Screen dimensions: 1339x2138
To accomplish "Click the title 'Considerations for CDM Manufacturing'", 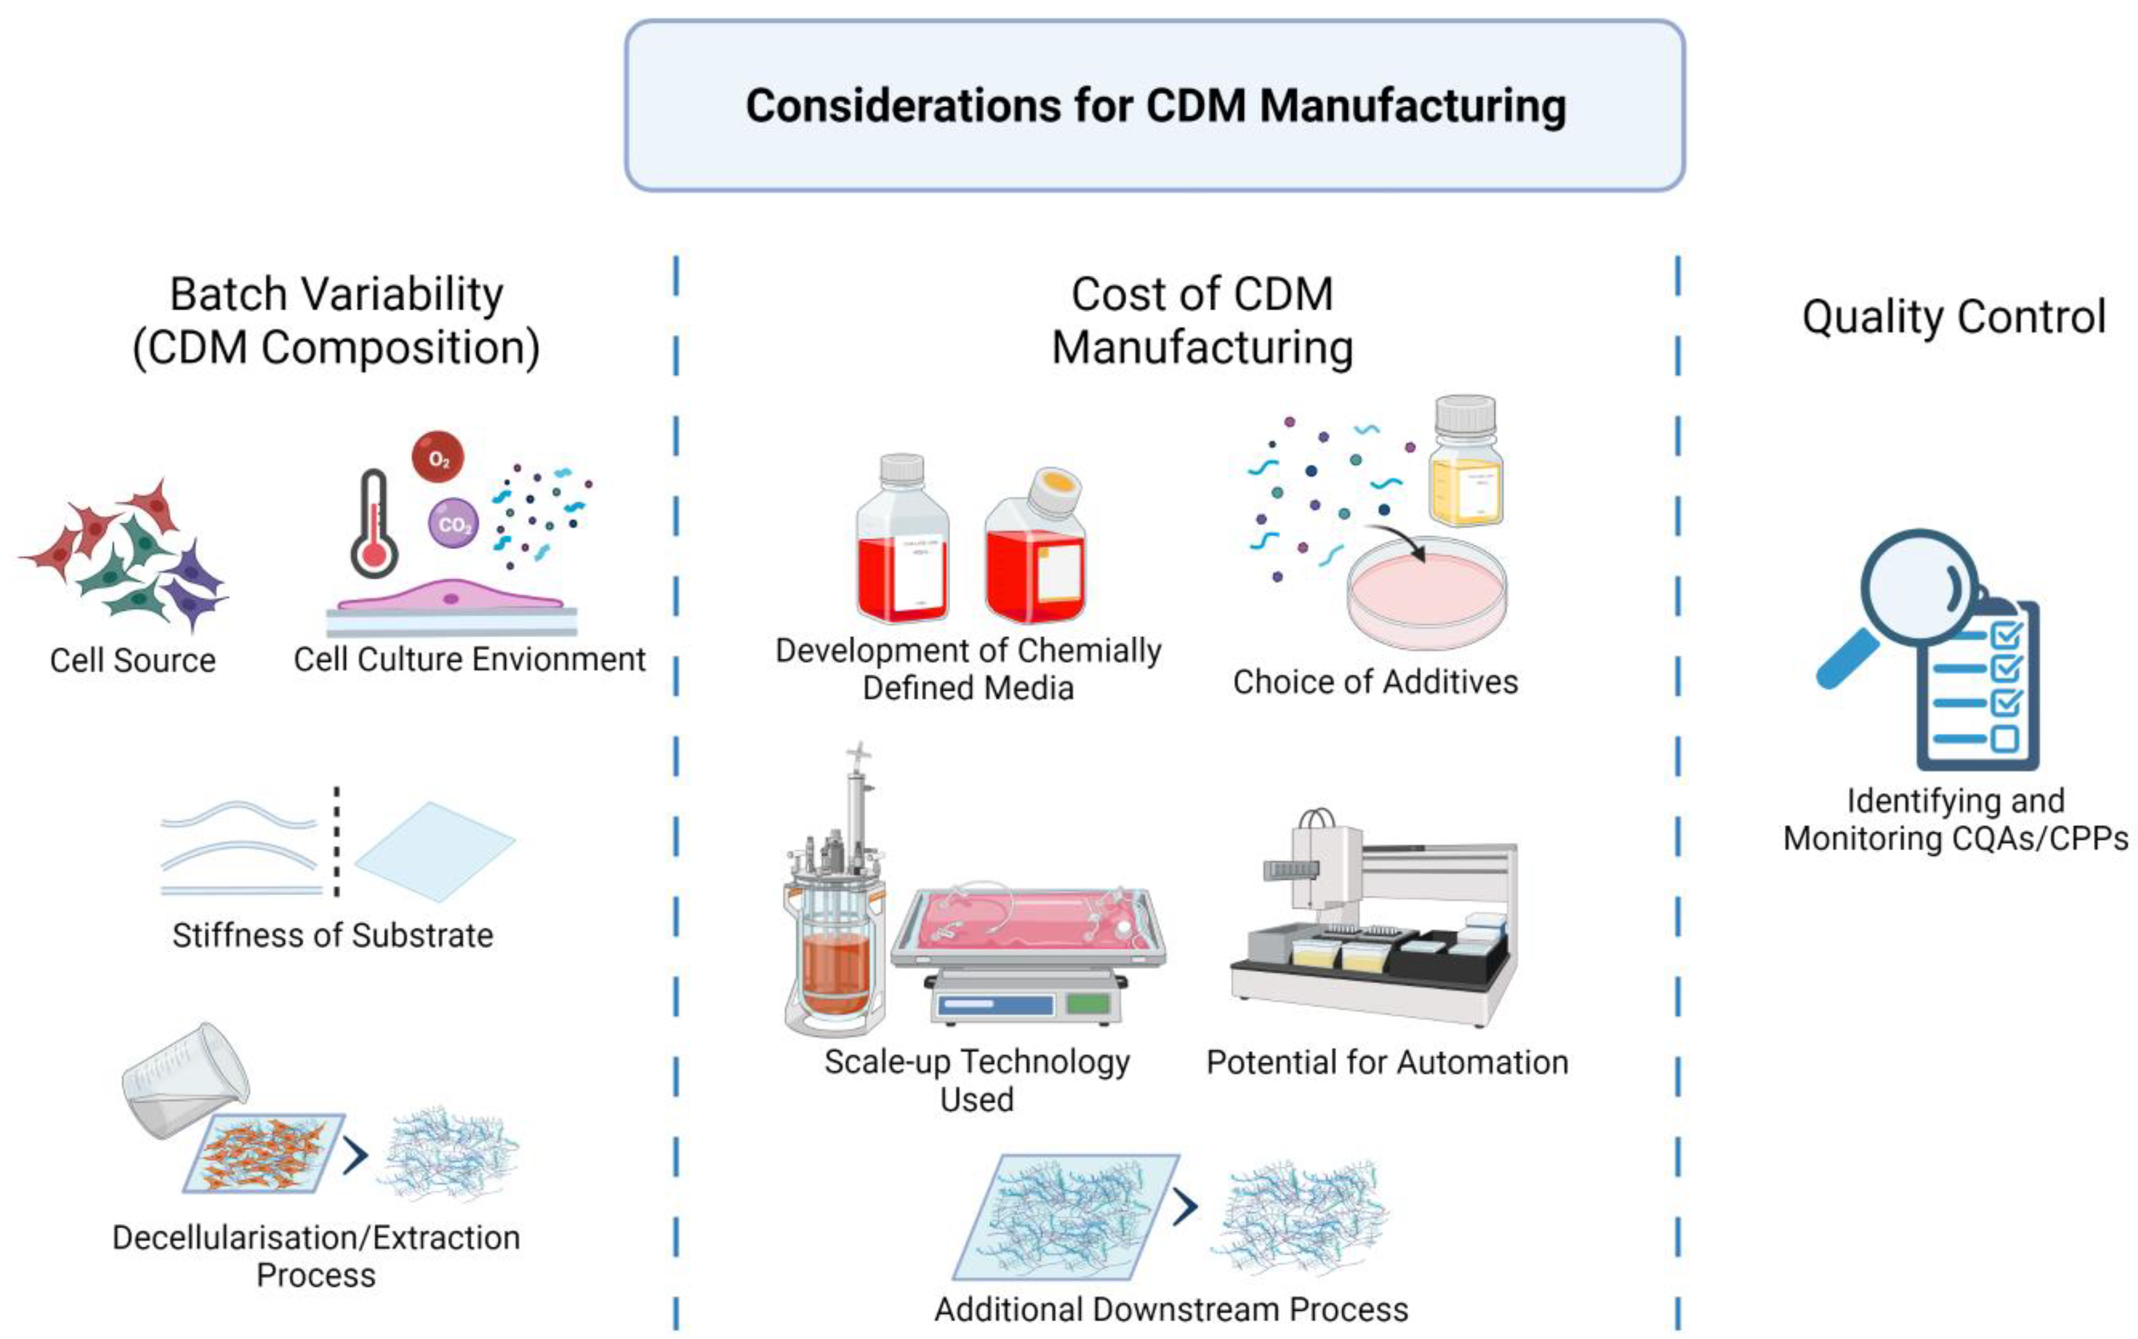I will tap(1155, 105).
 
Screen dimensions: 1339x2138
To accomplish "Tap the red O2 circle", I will tap(437, 458).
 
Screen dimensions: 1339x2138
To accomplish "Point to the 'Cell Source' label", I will tap(133, 661).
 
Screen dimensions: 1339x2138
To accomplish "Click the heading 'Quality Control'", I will tap(1954, 316).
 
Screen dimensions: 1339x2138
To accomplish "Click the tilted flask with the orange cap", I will tap(1035, 549).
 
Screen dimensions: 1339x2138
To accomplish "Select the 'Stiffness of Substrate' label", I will tap(333, 935).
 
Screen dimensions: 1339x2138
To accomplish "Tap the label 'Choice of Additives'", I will tap(1375, 682).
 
